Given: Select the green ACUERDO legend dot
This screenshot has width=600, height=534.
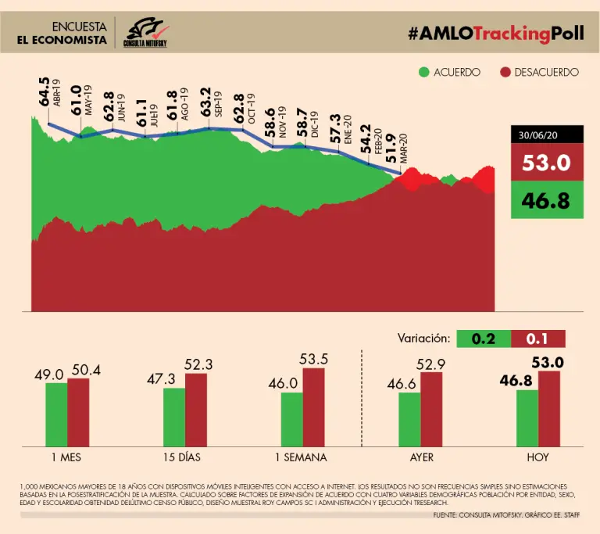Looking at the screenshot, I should click(x=424, y=72).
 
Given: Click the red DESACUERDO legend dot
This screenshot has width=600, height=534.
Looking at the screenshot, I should click(x=505, y=72).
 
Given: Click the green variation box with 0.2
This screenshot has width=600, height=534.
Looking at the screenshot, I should click(x=484, y=339).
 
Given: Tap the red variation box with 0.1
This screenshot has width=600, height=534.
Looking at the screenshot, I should click(x=537, y=339).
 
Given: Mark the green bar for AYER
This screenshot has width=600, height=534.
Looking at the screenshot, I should click(x=409, y=418).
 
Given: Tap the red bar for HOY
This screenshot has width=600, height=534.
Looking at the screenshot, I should click(x=549, y=407).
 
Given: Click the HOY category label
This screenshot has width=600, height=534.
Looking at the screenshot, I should click(x=538, y=457).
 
